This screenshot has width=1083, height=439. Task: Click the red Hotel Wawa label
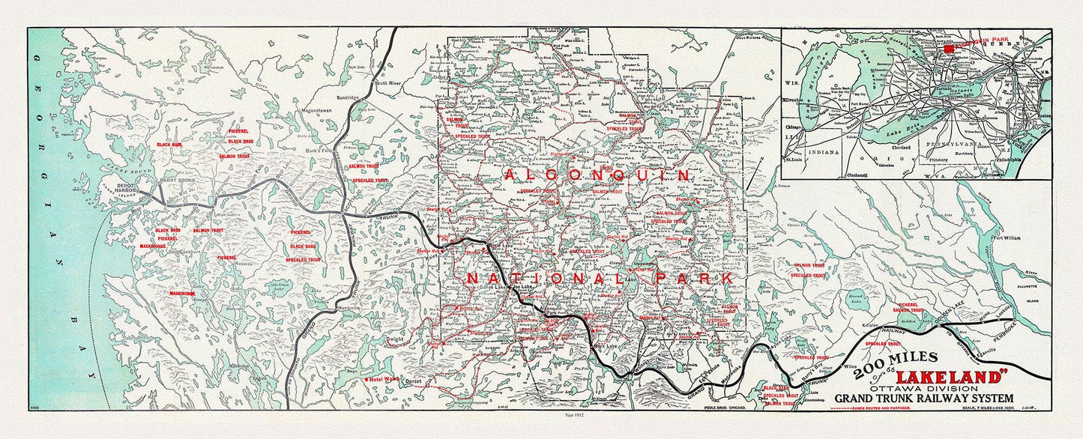click(x=384, y=380)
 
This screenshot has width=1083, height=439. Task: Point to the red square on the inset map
click(x=950, y=49)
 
